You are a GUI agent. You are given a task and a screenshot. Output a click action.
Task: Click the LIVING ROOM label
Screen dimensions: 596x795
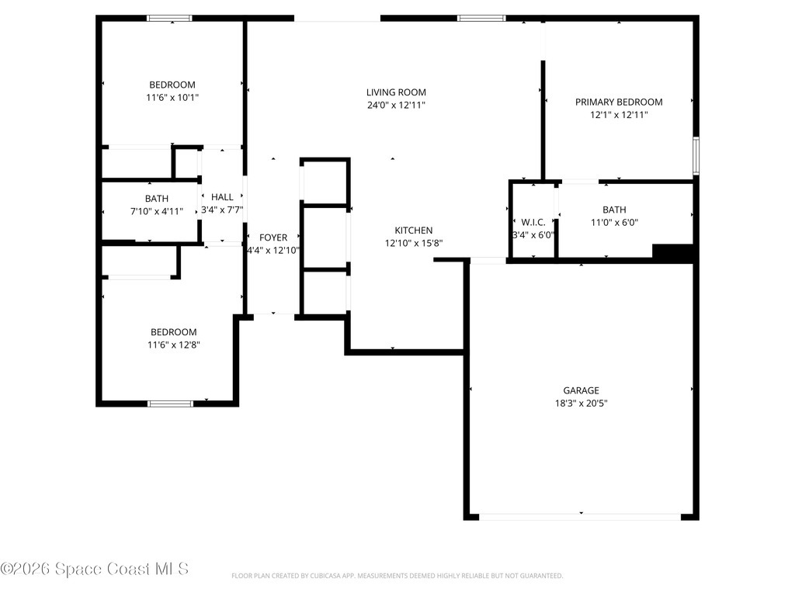396,92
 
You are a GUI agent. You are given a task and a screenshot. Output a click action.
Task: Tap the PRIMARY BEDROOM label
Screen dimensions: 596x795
619,102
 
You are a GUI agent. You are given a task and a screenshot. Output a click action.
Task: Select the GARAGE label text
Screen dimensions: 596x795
581,390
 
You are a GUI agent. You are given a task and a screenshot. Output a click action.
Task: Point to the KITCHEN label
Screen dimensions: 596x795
414,230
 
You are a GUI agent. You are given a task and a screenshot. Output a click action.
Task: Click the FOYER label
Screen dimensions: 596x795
273,237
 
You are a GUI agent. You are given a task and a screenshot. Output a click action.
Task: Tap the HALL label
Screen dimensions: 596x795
222,197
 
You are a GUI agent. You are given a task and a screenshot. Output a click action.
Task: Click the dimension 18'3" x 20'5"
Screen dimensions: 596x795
581,404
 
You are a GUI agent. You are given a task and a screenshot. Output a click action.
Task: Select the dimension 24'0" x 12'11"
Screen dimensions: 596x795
396,105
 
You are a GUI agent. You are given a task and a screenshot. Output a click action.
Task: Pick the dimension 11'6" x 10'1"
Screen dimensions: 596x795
172,98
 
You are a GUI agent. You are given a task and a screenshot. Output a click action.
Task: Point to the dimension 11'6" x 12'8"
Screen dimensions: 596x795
172,345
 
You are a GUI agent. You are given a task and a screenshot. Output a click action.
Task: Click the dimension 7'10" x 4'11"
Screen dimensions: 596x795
157,211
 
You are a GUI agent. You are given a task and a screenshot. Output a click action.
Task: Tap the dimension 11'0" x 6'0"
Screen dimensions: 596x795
614,223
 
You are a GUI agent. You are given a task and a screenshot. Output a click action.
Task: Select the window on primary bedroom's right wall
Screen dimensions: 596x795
696,156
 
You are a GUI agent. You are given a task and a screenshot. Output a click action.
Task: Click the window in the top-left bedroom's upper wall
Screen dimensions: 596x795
170,18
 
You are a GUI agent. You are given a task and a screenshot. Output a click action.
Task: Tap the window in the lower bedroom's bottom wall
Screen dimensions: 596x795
170,403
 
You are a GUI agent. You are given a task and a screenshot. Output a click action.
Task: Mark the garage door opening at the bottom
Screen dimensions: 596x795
581,515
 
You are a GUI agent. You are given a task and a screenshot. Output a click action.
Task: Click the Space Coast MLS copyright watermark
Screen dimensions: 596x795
95,569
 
